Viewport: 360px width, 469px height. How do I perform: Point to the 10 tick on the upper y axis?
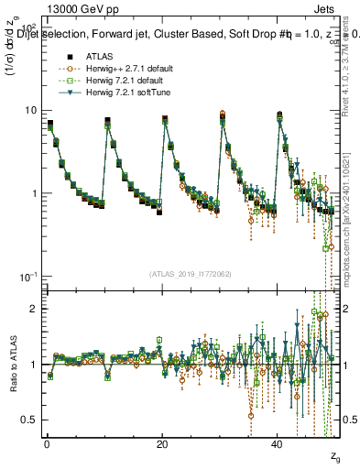(x=31, y=110)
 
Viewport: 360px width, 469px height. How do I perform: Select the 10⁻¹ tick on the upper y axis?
(x=28, y=277)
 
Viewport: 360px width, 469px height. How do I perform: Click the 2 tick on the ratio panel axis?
(x=35, y=309)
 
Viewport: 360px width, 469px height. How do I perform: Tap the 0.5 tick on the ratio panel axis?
(x=31, y=420)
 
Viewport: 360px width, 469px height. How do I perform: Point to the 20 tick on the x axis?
(x=162, y=443)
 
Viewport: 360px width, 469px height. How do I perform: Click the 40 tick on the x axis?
(x=278, y=443)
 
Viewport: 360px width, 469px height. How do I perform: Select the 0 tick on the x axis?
(x=47, y=443)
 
